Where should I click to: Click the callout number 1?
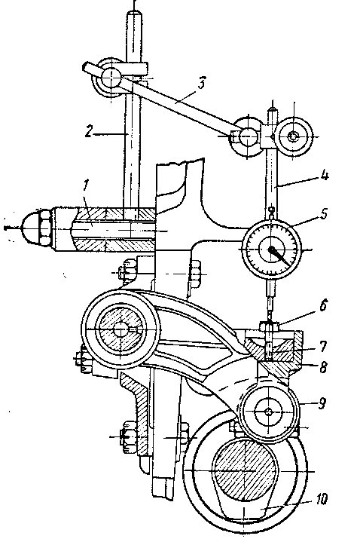(x=86, y=186)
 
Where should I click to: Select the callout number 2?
(x=90, y=132)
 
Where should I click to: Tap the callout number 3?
(x=201, y=84)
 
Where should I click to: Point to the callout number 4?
(x=325, y=175)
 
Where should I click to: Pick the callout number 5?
(x=324, y=213)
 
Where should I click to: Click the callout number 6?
(x=323, y=306)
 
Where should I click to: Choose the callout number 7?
(x=322, y=346)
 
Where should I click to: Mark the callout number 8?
(x=323, y=367)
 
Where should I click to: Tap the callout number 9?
(x=322, y=403)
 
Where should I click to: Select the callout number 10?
(x=322, y=500)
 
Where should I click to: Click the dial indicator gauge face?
(x=271, y=250)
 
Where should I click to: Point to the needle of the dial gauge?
(x=281, y=256)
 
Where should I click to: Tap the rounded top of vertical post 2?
(x=133, y=15)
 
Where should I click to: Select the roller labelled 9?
(x=270, y=412)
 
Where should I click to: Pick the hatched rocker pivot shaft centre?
(x=121, y=329)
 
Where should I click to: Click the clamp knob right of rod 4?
(x=294, y=137)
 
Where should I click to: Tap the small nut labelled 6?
(x=269, y=326)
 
